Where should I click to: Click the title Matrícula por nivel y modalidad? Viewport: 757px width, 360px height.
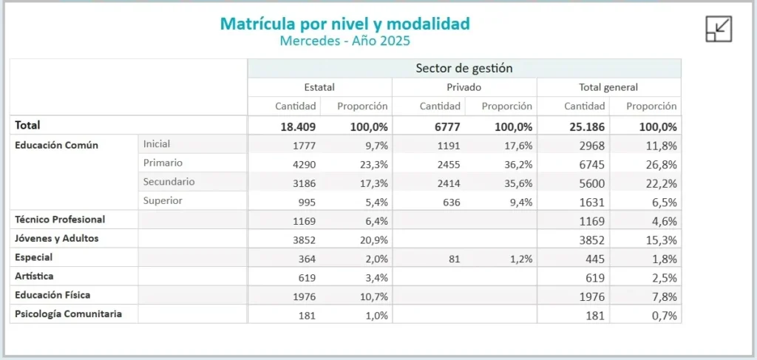344,24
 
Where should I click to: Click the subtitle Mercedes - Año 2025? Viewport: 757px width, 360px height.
344,41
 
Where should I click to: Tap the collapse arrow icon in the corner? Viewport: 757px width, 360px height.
719,29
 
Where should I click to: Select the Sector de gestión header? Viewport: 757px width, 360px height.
464,69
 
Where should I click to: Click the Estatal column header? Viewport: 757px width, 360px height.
319,87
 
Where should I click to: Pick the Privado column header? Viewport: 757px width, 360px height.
464,87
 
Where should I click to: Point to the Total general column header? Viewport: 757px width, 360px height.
609,87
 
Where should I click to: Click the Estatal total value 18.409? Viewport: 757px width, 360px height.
298,126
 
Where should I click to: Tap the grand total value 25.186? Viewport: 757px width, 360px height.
588,126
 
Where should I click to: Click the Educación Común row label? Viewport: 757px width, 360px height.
56,145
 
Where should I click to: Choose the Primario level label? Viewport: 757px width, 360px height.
163,163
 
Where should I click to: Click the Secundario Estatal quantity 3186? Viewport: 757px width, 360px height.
304,183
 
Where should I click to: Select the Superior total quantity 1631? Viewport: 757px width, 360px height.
593,202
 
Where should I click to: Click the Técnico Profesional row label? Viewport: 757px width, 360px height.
60,220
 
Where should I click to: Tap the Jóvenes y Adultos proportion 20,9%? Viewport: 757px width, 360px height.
373,240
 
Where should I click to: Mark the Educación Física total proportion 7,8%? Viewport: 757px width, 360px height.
663,296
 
